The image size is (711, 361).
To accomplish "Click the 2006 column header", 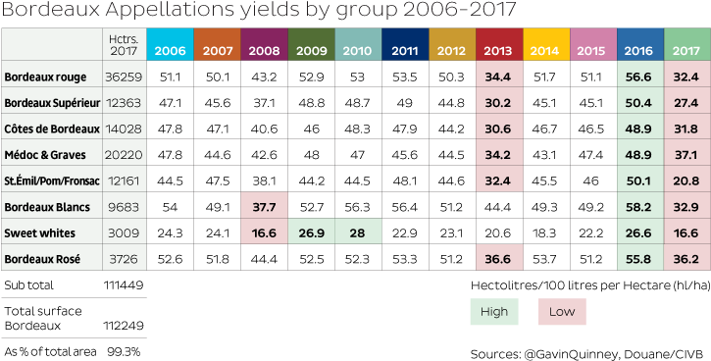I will [x=169, y=50].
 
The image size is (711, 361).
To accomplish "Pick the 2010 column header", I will [x=357, y=50].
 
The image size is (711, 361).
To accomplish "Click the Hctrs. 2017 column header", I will [x=124, y=45].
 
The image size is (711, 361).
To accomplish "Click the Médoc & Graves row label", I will [x=46, y=155].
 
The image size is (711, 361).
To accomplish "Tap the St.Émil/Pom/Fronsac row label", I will [x=50, y=180].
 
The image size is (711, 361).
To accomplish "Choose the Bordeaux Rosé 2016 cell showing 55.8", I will [x=640, y=259].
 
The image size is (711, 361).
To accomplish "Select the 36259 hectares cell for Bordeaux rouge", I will [x=124, y=77].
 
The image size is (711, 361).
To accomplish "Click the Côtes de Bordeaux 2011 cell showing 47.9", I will [x=404, y=129].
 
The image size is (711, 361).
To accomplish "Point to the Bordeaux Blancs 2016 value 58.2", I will [x=640, y=207].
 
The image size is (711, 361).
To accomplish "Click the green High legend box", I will [x=494, y=312].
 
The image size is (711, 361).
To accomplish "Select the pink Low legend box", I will [x=562, y=312].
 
